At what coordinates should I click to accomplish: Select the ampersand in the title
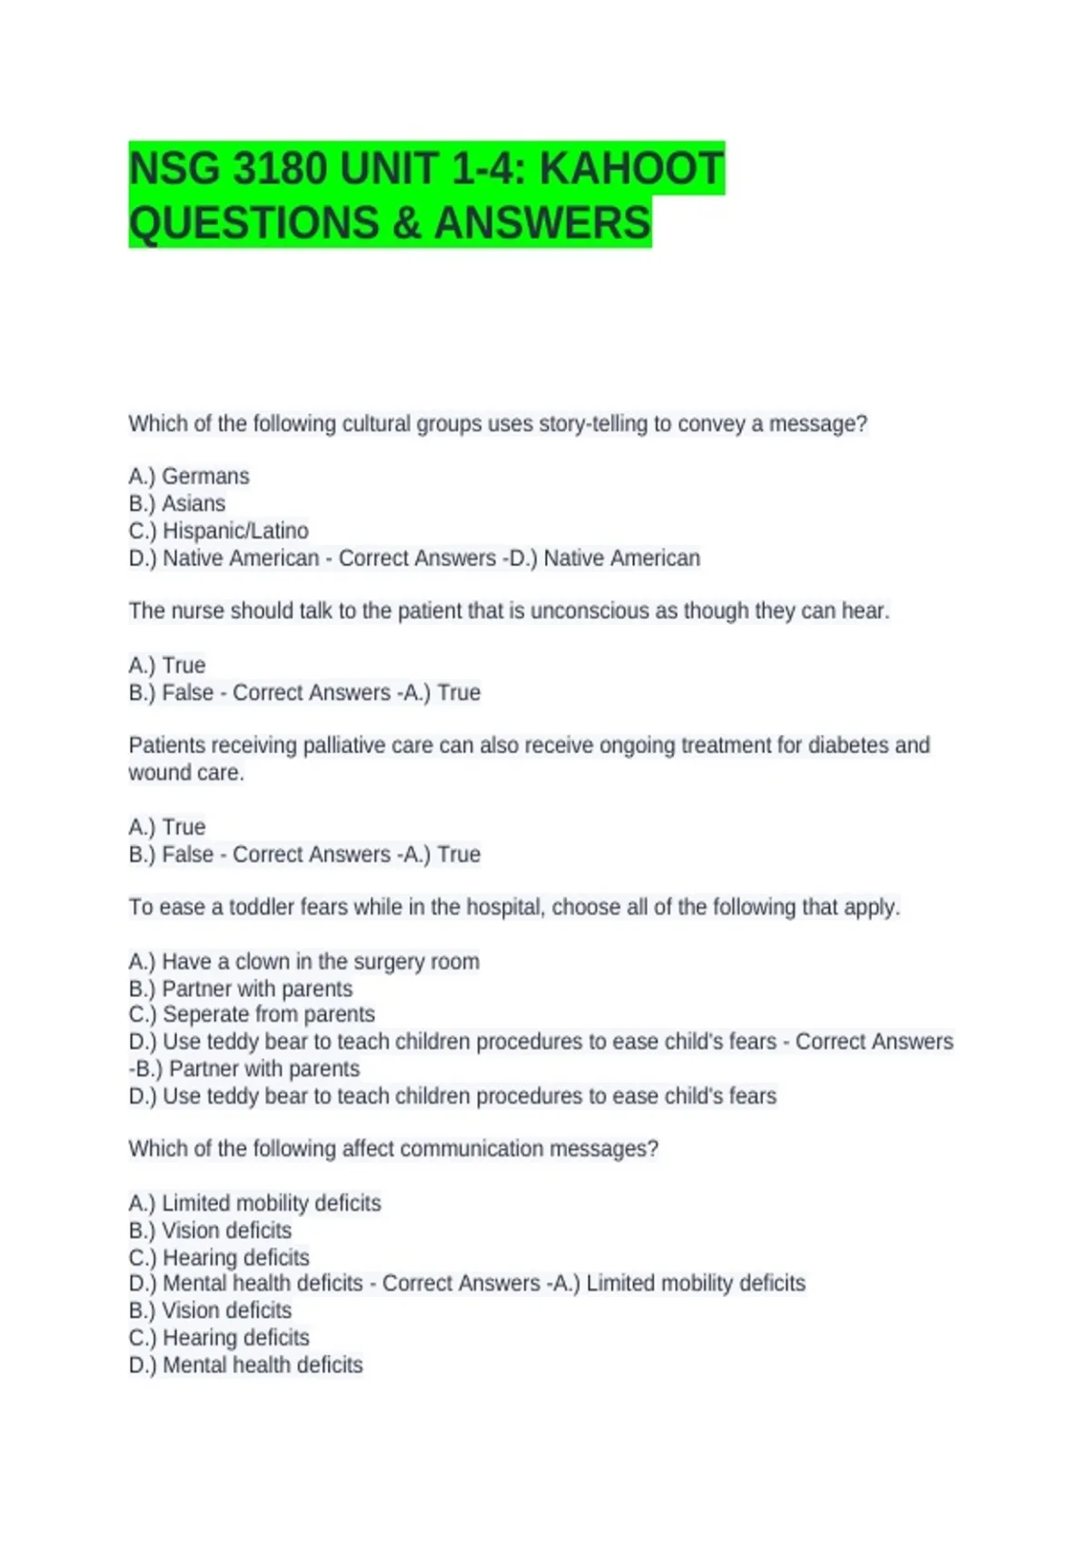point(406,223)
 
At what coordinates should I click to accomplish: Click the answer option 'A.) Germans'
point(189,476)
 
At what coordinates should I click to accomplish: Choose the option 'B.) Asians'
point(177,503)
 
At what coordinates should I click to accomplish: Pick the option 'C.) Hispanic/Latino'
point(219,530)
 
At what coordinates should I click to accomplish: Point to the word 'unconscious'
point(590,611)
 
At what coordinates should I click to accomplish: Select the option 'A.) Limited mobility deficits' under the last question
point(255,1203)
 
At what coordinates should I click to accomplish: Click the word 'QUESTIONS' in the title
point(254,223)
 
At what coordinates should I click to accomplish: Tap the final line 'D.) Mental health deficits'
point(246,1365)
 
